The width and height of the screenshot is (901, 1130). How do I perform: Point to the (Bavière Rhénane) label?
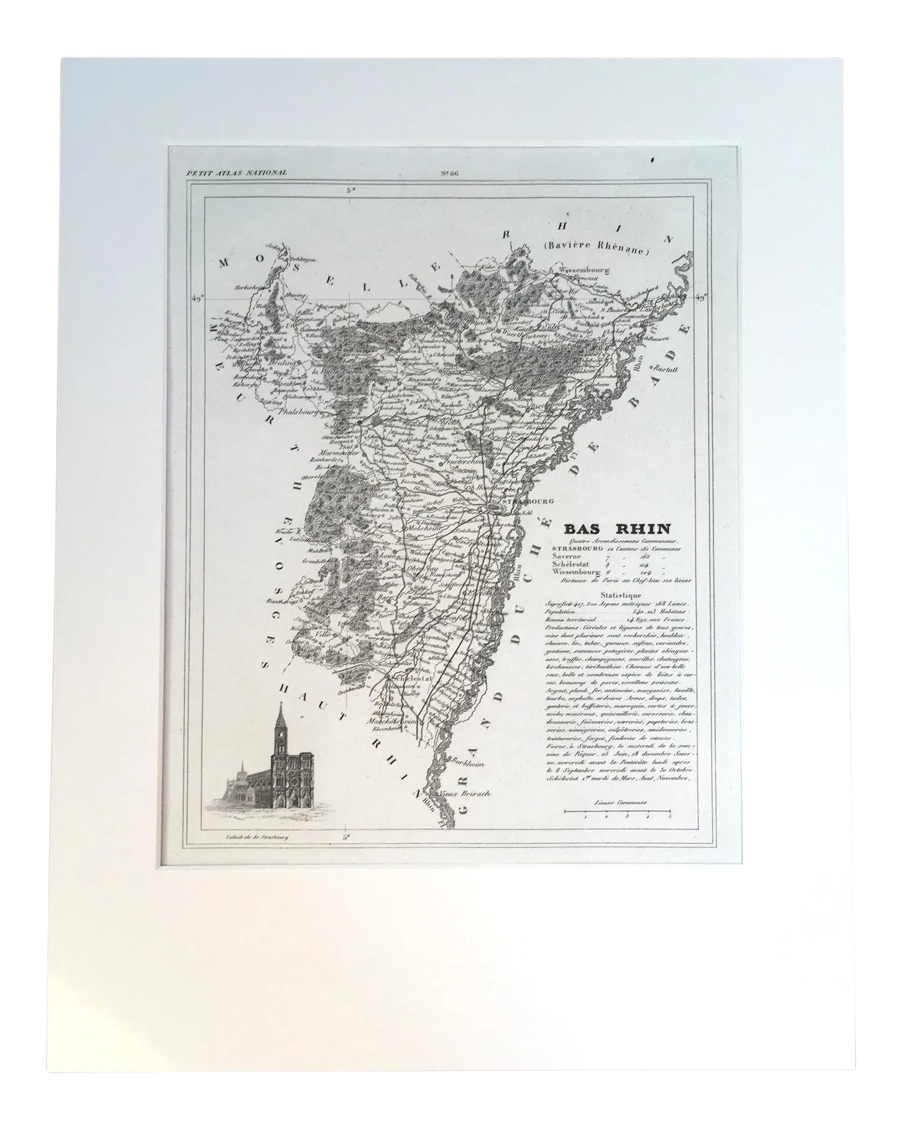pyautogui.click(x=595, y=251)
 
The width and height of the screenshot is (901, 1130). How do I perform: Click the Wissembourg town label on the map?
pyautogui.click(x=585, y=270)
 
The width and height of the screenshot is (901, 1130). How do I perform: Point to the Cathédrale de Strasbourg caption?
pyautogui.click(x=255, y=836)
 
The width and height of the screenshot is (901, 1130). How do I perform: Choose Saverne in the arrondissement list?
pyautogui.click(x=567, y=556)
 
